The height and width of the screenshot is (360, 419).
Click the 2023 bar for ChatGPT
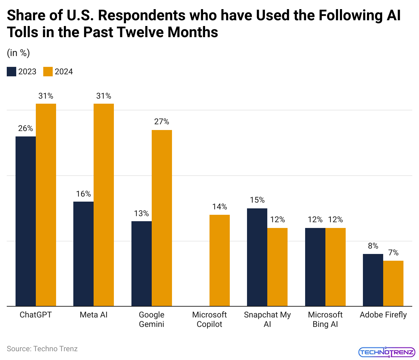(x=26, y=221)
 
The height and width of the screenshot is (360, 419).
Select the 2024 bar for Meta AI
(x=104, y=205)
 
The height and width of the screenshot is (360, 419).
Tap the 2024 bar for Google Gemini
(x=162, y=218)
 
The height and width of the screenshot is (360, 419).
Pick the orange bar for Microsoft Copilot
(x=220, y=260)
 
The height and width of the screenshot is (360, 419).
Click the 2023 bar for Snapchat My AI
(x=257, y=257)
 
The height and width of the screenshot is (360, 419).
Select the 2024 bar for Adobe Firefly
(x=393, y=283)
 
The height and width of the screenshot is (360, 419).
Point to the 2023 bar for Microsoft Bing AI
(x=315, y=267)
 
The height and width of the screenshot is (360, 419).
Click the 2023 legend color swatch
(x=11, y=72)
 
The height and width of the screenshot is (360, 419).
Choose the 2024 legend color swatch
(x=48, y=72)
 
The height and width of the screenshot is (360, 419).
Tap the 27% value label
(x=162, y=122)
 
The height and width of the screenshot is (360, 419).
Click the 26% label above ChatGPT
(x=26, y=128)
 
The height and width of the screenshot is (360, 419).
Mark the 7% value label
(x=393, y=253)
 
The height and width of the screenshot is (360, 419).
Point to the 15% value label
(x=257, y=200)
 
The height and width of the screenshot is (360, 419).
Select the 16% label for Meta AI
(x=83, y=194)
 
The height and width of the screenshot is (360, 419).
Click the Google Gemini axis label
(x=151, y=319)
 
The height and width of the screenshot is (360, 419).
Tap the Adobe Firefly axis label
(x=383, y=315)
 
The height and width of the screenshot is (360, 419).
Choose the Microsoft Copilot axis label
(x=209, y=319)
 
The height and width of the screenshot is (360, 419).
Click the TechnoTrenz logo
(x=387, y=352)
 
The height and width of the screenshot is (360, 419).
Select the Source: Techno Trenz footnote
(x=42, y=349)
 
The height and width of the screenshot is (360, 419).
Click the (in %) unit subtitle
(x=18, y=53)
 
